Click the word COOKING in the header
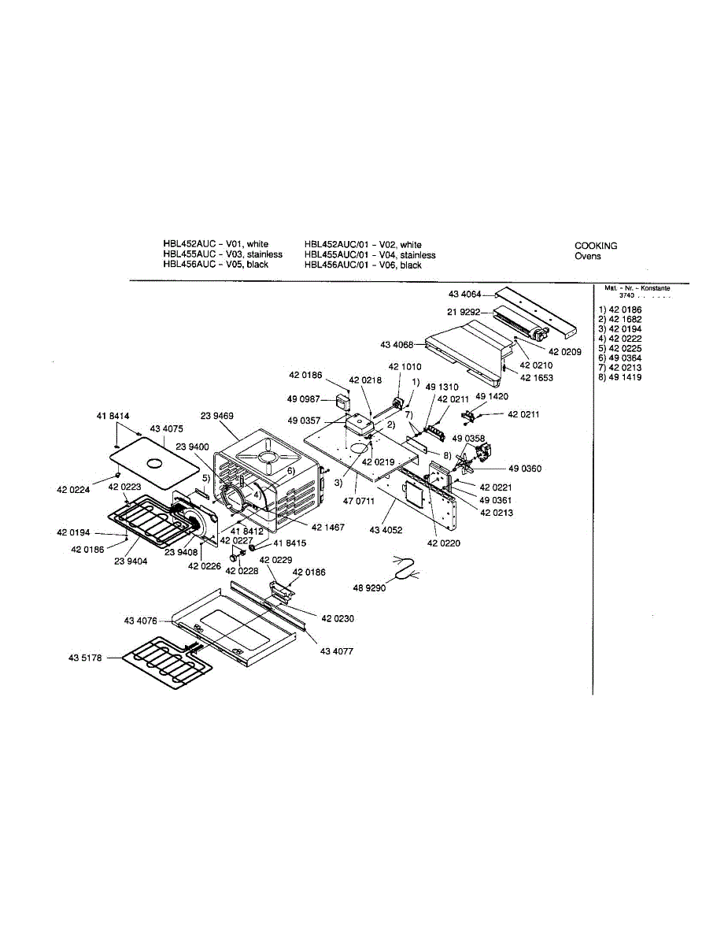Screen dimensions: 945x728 596,246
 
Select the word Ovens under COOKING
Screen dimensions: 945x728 587,256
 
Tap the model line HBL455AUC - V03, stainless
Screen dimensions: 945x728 223,255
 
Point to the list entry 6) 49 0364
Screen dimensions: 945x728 619,358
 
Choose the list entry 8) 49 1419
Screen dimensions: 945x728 619,377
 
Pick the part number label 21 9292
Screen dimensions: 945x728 464,312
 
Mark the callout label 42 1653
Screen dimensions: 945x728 537,378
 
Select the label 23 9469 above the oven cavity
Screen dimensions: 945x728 217,415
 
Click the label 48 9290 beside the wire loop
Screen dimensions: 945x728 368,587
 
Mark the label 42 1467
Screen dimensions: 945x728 327,528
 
